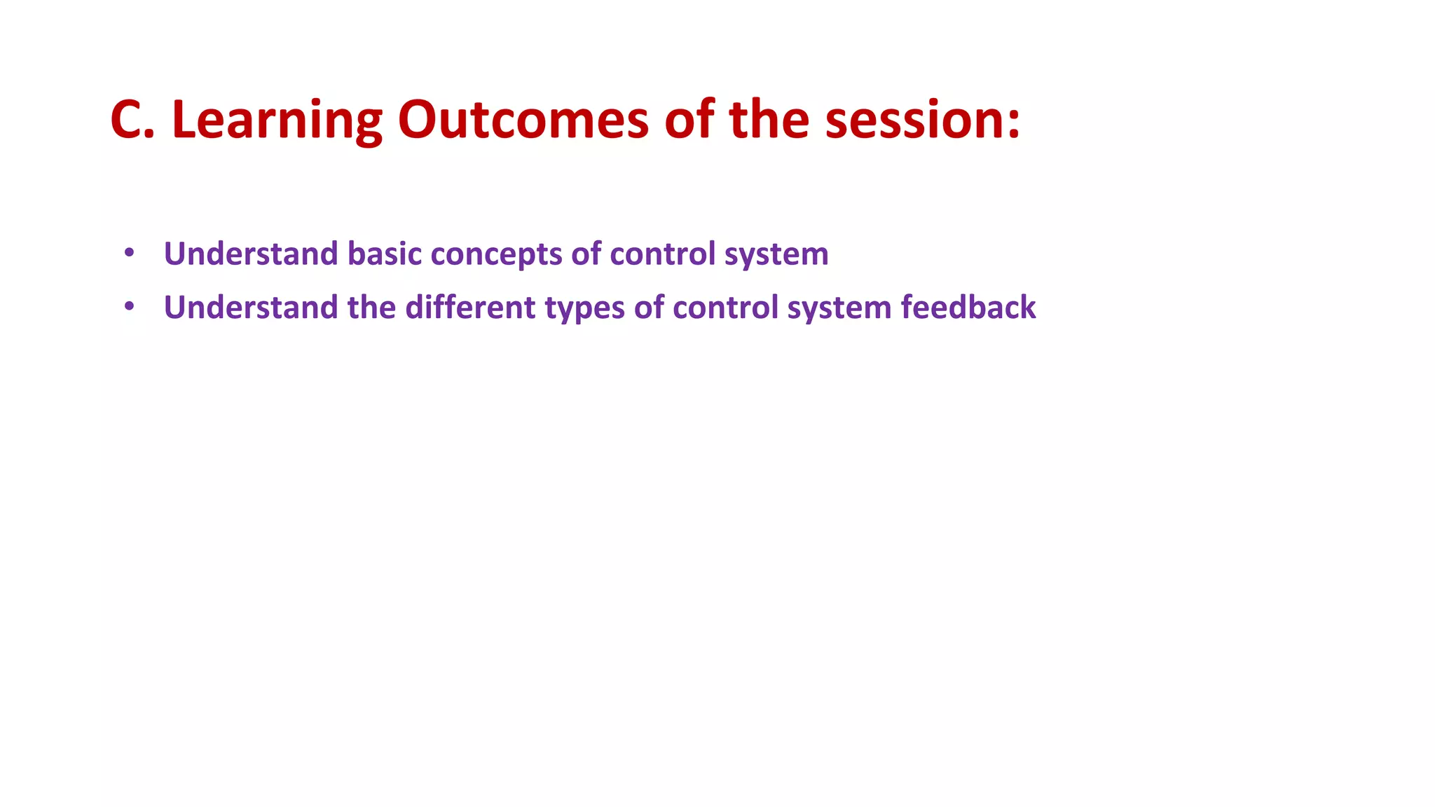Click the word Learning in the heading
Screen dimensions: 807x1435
click(277, 120)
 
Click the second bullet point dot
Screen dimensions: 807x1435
click(129, 306)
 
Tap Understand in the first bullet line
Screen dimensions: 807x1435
click(251, 254)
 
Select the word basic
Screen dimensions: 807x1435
click(385, 254)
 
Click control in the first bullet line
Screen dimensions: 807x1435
click(663, 254)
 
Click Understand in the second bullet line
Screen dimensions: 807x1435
click(251, 308)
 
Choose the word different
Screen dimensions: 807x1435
click(470, 308)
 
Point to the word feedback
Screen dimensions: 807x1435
click(968, 308)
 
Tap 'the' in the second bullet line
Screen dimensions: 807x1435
click(371, 308)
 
